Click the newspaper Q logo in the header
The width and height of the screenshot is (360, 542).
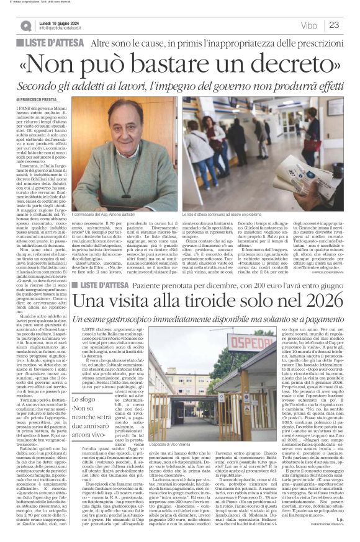[x=25, y=25]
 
